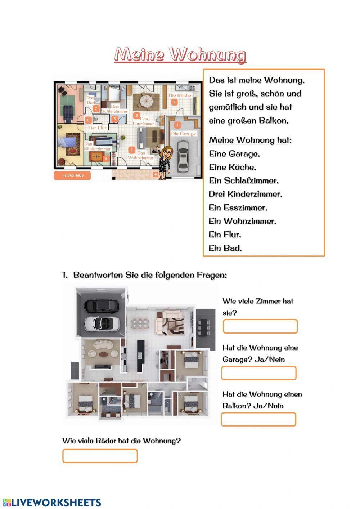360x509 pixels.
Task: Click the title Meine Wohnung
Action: pos(180,55)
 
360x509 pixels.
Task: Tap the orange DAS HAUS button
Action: pos(72,175)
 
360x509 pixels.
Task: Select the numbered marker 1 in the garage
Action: pos(177,125)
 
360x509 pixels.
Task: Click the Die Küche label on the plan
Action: pos(180,95)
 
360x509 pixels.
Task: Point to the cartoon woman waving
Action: pos(166,162)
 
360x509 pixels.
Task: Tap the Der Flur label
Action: pos(97,128)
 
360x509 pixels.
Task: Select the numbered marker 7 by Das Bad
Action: pos(96,108)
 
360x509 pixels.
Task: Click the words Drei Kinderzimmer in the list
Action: pos(245,194)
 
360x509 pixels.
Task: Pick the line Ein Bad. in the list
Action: pos(225,248)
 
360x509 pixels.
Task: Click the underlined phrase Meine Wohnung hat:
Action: pos(250,140)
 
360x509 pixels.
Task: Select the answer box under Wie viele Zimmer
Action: pos(260,326)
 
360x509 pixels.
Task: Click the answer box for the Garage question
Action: pos(258,373)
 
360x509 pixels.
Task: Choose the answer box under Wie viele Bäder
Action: pos(100,456)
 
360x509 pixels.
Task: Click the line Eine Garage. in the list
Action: pos(234,154)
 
